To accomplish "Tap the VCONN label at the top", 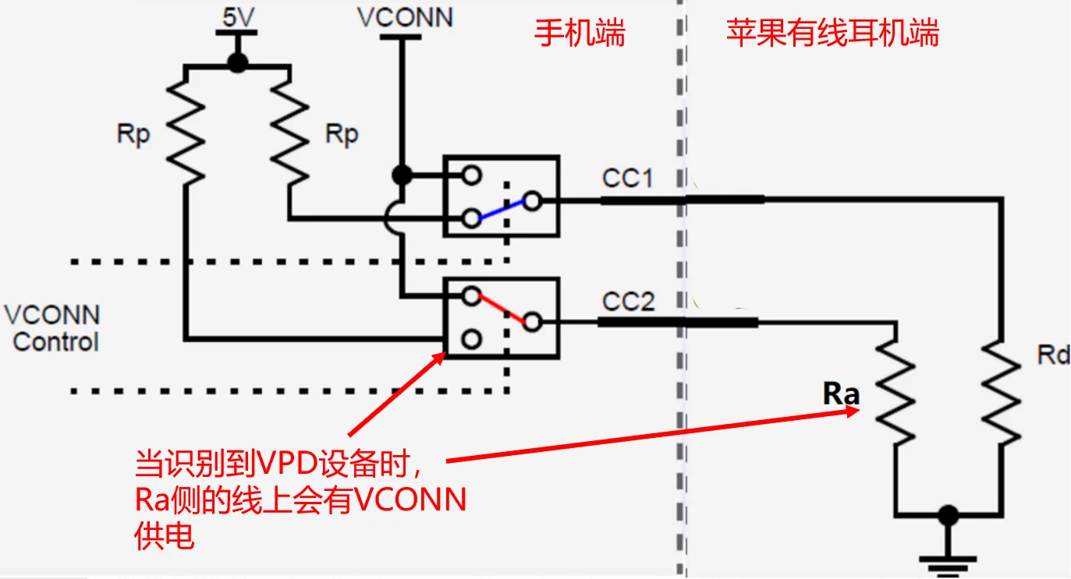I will [x=405, y=17].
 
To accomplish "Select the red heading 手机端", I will [x=580, y=34].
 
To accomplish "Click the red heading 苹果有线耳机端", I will [x=832, y=34].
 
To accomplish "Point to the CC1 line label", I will [x=627, y=178].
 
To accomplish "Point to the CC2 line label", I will [x=628, y=302].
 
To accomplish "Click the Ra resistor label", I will [x=841, y=394].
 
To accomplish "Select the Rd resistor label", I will [x=1053, y=355].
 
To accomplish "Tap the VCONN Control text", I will [x=53, y=328].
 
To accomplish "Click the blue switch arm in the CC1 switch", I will [x=501, y=210].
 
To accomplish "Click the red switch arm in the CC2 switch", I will [x=501, y=308].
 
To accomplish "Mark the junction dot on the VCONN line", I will [x=402, y=175].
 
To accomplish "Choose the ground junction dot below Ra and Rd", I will [x=948, y=515].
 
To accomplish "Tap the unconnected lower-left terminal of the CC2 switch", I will [x=470, y=340].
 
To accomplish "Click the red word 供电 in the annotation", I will [x=164, y=536].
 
